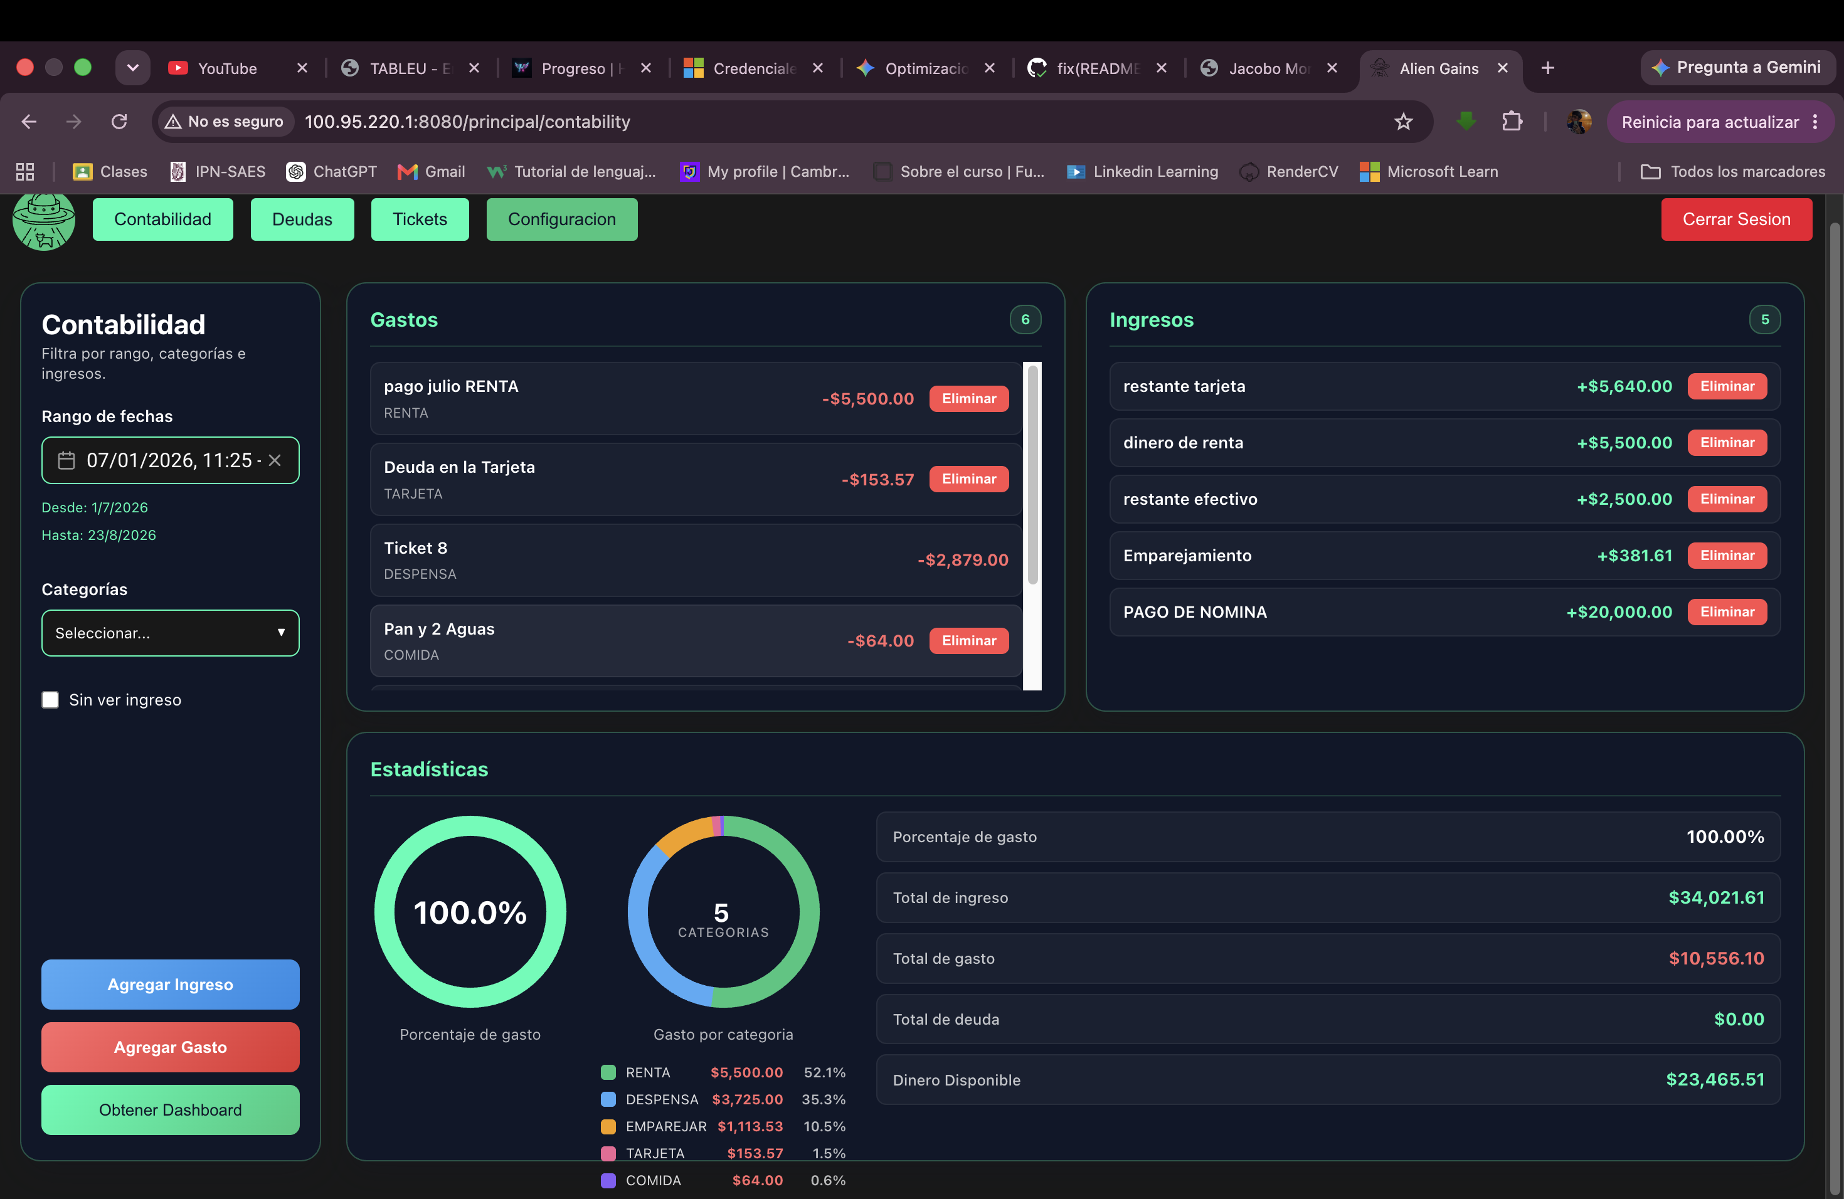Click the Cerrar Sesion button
tap(1735, 219)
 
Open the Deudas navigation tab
tap(302, 219)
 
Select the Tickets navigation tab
tap(420, 219)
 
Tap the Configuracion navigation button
tap(562, 219)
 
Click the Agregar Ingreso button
tap(171, 984)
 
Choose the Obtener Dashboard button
tap(171, 1109)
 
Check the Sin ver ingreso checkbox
tap(50, 699)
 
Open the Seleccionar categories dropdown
tap(171, 633)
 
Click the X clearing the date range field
tap(274, 460)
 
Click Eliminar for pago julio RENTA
tap(968, 398)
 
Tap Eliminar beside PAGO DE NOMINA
tap(1727, 612)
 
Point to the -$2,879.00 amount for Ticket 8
tap(963, 560)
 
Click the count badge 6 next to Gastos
tap(1025, 319)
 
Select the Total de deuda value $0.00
tap(1739, 1019)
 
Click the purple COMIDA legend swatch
tap(608, 1180)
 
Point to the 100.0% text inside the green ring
tap(470, 912)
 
